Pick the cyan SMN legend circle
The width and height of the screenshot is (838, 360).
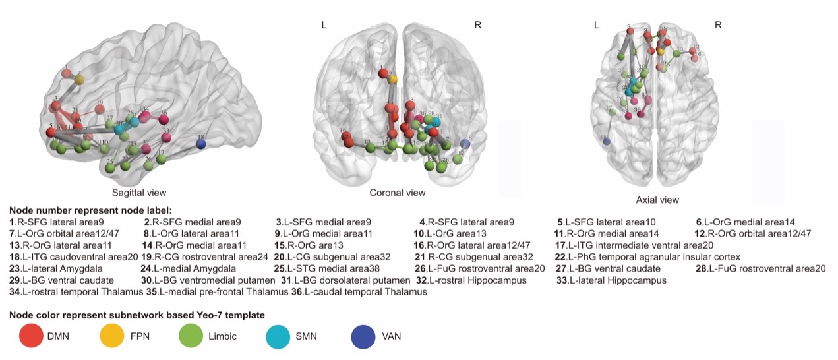pyautogui.click(x=282, y=336)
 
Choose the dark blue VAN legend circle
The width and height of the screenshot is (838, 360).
pyautogui.click(x=365, y=336)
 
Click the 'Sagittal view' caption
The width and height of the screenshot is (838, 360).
pyautogui.click(x=139, y=193)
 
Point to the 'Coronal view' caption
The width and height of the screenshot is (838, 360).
pyautogui.click(x=398, y=193)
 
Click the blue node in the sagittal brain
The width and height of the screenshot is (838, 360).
pyautogui.click(x=202, y=144)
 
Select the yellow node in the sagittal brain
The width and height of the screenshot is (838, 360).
pyautogui.click(x=79, y=80)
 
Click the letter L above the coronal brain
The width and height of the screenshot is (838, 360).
pyautogui.click(x=324, y=25)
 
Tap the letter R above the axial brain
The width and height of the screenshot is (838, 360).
pyautogui.click(x=718, y=25)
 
